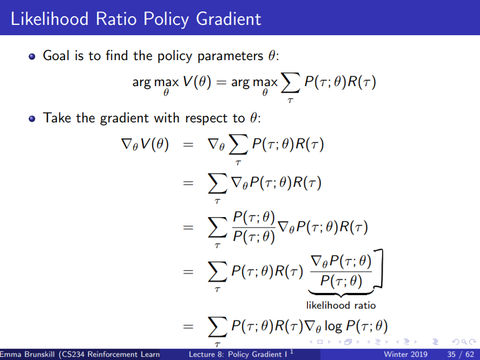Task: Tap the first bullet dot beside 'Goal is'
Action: pos(33,56)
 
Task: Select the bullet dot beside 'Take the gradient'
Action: pos(33,118)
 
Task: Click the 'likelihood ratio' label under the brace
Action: pos(341,305)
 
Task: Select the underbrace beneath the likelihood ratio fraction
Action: pos(341,293)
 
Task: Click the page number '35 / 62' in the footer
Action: pos(459,355)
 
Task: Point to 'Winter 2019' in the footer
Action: pos(405,355)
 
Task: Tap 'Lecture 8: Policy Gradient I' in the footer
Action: pos(238,355)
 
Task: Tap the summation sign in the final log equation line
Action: pos(218,327)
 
